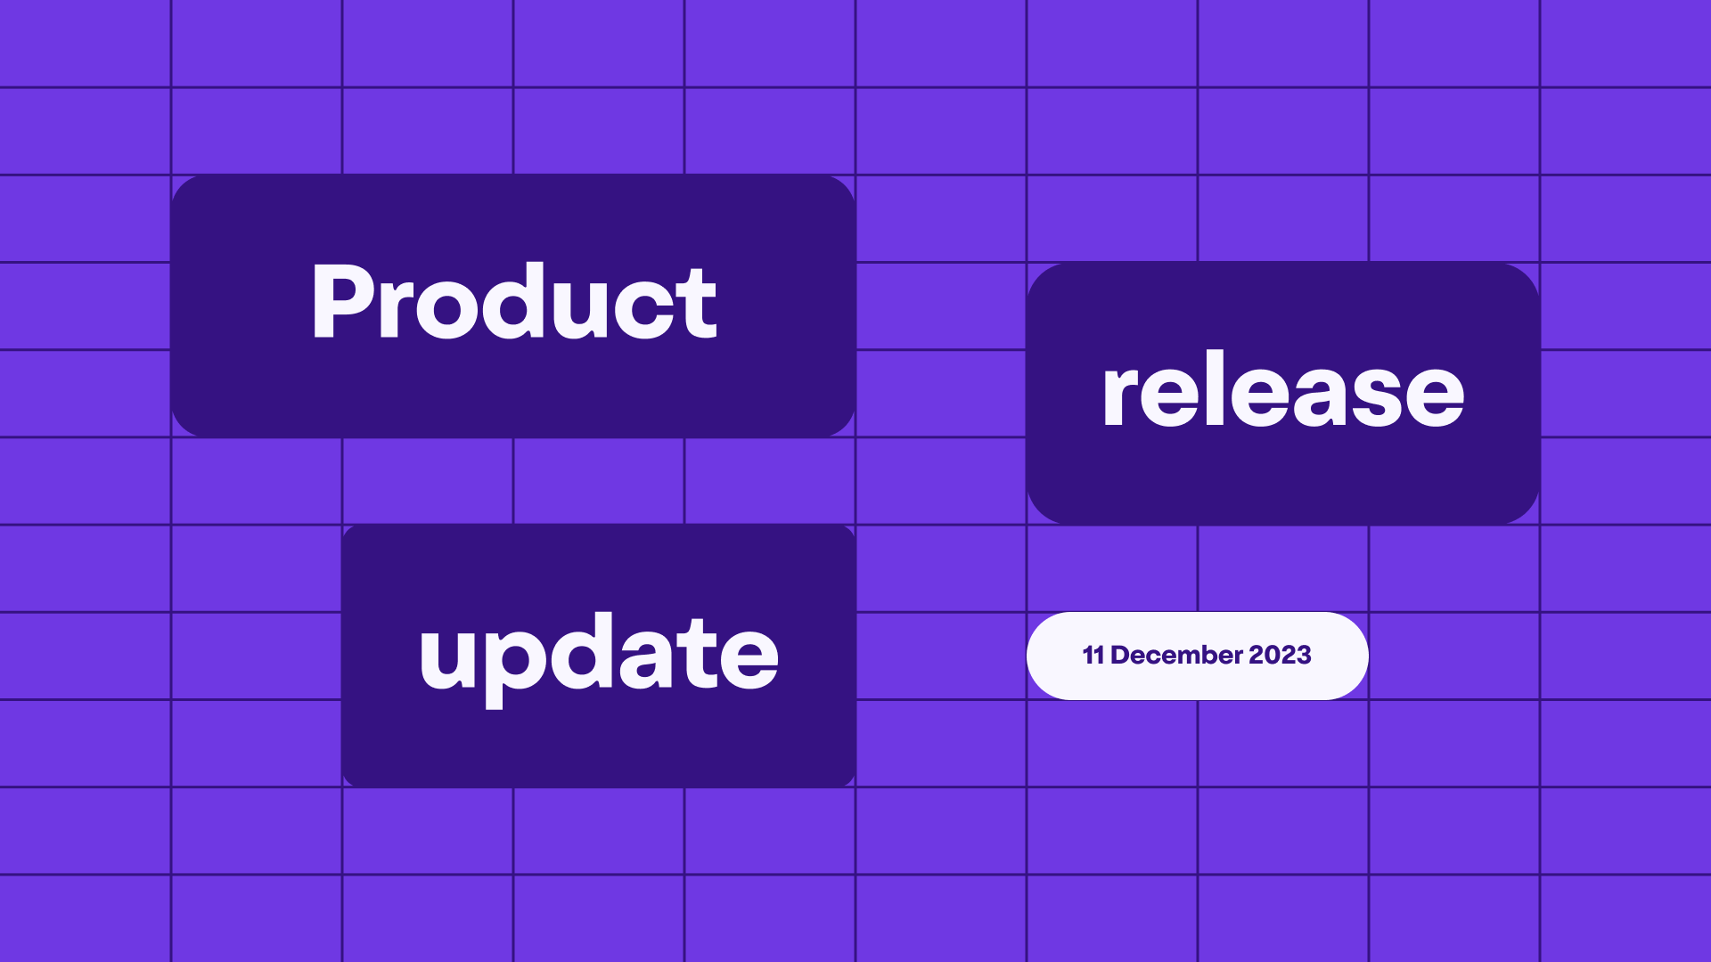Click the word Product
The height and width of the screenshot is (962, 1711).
pos(513,303)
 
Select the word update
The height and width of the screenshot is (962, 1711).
pos(599,656)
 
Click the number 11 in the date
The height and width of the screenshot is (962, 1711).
pos(1093,656)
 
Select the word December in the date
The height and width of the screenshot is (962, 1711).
pos(1177,656)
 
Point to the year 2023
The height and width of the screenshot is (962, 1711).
pos(1280,656)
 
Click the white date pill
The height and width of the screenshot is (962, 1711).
pos(1197,656)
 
